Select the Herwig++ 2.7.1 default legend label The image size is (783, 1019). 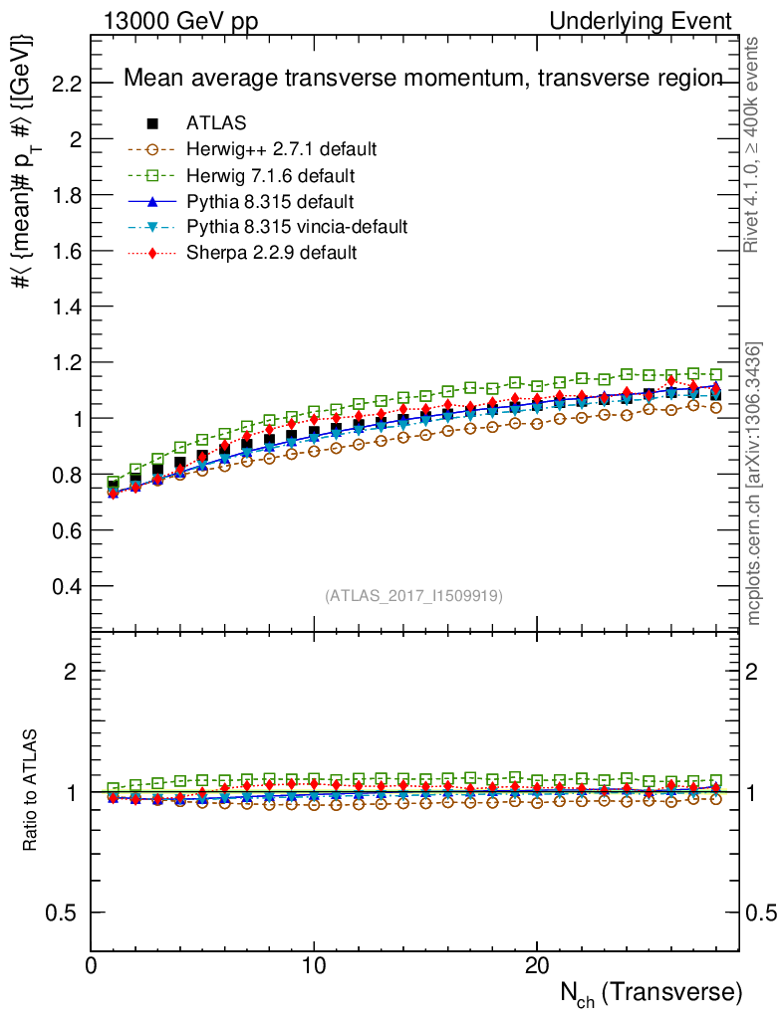(281, 149)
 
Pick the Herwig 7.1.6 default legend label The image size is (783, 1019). (271, 175)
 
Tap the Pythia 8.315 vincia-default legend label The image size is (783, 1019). (297, 227)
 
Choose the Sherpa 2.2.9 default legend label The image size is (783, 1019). (271, 253)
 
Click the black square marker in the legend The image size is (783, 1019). (152, 123)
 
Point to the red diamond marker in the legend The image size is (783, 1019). (152, 253)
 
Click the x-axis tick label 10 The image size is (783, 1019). (314, 965)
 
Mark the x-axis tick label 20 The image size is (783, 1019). (537, 965)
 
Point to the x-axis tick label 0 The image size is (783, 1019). (92, 965)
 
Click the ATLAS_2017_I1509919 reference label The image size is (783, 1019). (413, 596)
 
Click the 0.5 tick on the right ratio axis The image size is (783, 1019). (760, 913)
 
